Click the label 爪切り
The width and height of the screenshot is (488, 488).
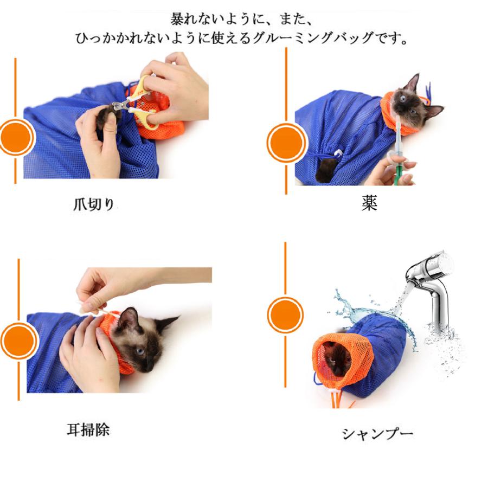point(94,204)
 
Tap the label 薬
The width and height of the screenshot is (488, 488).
point(369,203)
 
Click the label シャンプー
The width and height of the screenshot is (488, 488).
point(377,433)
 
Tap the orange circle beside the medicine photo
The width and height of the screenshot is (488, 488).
point(286,143)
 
